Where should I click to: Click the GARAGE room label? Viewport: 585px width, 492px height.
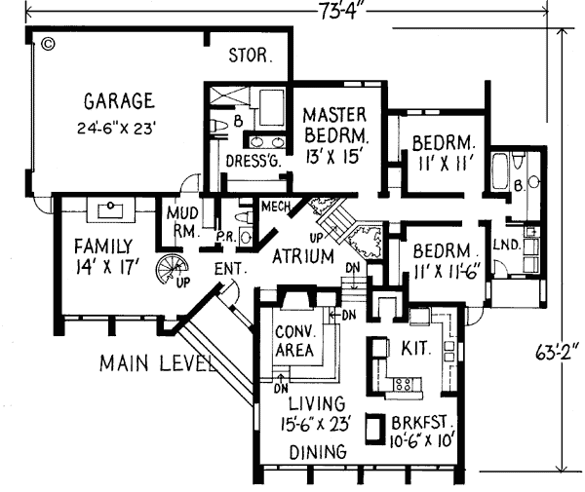click(x=119, y=100)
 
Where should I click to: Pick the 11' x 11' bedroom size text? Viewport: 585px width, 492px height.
click(x=441, y=162)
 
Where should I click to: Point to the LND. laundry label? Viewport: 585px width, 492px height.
click(x=505, y=244)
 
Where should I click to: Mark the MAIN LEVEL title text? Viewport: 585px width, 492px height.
click(x=156, y=364)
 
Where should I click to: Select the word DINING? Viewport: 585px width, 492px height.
click(x=319, y=452)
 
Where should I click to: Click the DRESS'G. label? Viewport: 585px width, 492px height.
click(x=253, y=161)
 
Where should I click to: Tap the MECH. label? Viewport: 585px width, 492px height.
click(x=274, y=206)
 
